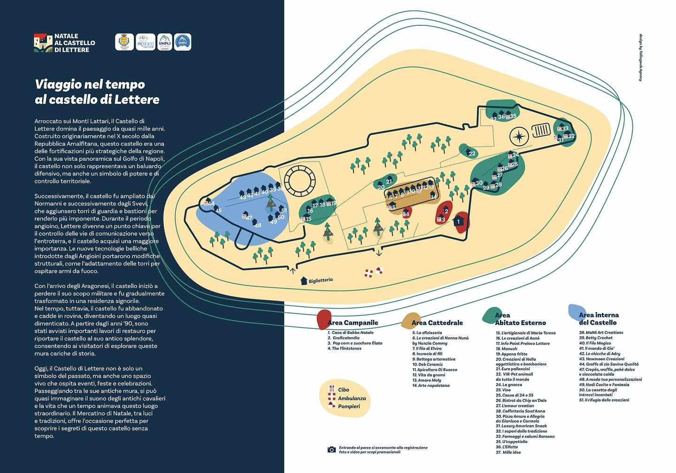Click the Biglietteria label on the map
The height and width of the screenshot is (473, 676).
(321, 280)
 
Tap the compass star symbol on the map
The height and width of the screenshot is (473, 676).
(519, 136)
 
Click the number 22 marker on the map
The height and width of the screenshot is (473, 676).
(472, 154)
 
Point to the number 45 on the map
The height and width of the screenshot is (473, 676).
(218, 210)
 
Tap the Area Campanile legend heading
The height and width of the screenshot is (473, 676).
(353, 323)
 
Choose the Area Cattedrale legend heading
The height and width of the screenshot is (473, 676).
(437, 323)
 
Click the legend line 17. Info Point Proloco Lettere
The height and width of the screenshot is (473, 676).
(522, 343)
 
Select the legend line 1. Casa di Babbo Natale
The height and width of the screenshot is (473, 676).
(350, 333)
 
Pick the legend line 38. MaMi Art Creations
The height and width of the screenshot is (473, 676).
(601, 333)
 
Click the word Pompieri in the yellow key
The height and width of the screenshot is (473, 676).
(349, 406)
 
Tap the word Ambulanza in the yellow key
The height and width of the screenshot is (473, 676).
(352, 398)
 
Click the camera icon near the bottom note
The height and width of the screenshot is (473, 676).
(331, 450)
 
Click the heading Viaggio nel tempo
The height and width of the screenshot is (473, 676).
(90, 85)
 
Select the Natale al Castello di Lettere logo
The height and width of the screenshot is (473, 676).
(65, 43)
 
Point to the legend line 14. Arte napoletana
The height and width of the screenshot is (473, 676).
(431, 386)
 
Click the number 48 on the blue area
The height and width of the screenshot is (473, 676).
(258, 225)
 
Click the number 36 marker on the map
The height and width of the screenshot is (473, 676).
(501, 116)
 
